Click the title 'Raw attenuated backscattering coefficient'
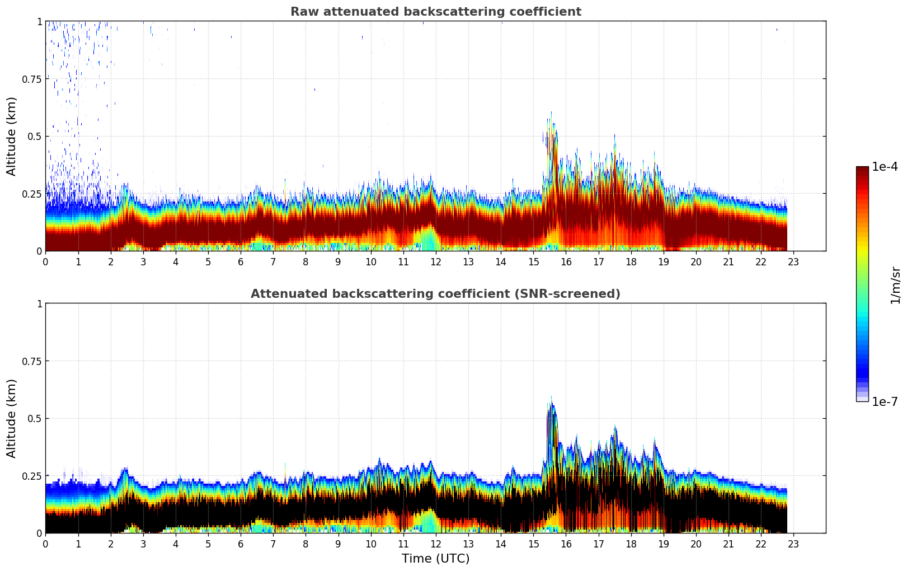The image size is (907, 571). (435, 12)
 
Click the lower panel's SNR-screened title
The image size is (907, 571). (435, 294)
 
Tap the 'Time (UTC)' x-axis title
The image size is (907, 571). (435, 559)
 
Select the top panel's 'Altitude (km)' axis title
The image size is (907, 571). (12, 136)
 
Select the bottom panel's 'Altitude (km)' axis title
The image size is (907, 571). (12, 418)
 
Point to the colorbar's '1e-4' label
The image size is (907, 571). (885, 167)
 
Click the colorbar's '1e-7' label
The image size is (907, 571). (885, 401)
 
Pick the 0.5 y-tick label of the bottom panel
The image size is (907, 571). (34, 418)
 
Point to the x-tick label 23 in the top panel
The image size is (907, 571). (793, 261)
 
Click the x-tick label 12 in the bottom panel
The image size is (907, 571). (435, 544)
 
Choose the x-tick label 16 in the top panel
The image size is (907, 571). (566, 261)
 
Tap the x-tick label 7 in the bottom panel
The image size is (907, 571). (273, 544)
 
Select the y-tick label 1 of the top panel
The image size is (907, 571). (39, 21)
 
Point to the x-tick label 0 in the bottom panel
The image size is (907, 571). (45, 544)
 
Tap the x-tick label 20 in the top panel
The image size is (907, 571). (696, 261)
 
